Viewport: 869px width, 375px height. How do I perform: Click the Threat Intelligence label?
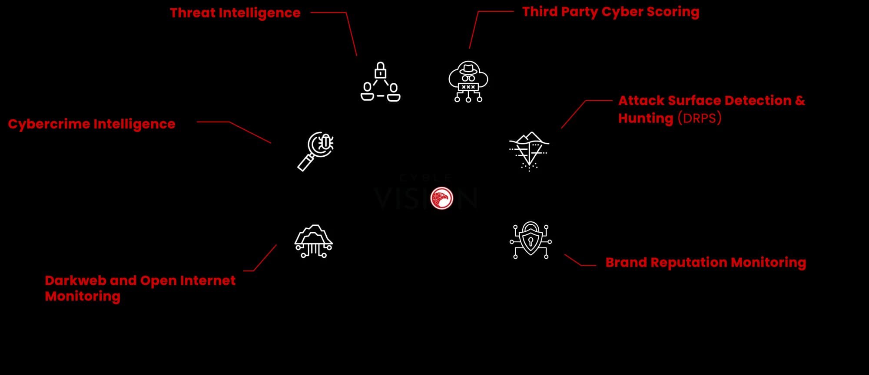click(235, 13)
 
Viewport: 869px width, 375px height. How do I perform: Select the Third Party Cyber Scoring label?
click(610, 12)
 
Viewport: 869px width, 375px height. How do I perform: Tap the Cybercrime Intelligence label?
click(92, 124)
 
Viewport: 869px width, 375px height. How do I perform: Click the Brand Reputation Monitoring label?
click(706, 263)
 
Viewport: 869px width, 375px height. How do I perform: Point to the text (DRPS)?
click(700, 118)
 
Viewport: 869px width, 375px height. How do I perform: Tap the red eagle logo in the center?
click(441, 198)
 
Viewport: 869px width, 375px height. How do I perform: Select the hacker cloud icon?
click(468, 82)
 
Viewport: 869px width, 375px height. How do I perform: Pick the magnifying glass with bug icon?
click(316, 151)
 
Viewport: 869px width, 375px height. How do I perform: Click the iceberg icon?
click(529, 151)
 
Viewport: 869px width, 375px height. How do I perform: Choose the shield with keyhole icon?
click(531, 240)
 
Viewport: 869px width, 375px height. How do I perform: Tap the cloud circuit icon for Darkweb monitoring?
click(314, 241)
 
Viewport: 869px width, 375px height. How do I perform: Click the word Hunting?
click(646, 118)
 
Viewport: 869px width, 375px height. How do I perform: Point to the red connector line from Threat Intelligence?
click(351, 33)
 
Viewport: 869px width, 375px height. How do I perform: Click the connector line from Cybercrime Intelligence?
click(250, 132)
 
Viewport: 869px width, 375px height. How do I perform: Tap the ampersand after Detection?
click(800, 101)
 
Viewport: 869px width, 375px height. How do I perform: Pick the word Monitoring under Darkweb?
click(83, 296)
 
